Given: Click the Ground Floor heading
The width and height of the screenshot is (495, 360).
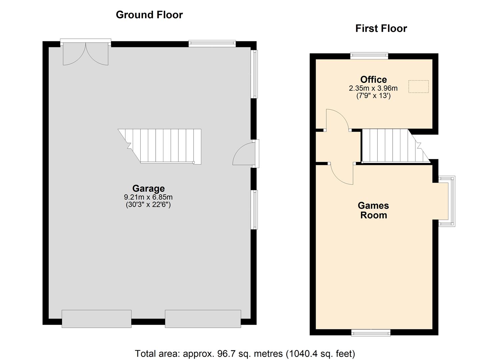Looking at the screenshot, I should pyautogui.click(x=149, y=15).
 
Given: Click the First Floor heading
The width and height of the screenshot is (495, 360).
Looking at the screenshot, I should pyautogui.click(x=381, y=29).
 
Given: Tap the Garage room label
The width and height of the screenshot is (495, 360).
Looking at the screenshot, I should pyautogui.click(x=148, y=189).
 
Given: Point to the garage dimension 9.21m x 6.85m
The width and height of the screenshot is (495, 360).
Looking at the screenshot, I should pyautogui.click(x=148, y=197).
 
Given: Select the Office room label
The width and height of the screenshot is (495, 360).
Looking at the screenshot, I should pyautogui.click(x=373, y=80).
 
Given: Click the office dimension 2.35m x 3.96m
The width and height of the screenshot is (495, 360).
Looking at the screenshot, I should pyautogui.click(x=373, y=88).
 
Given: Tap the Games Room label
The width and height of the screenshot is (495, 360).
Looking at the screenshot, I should pyautogui.click(x=373, y=210).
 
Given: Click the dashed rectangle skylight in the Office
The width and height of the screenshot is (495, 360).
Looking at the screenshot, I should pyautogui.click(x=418, y=86).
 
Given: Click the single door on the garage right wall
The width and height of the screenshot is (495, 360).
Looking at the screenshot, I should pyautogui.click(x=244, y=154).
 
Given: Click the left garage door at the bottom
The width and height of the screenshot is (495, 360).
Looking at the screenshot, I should pyautogui.click(x=96, y=319).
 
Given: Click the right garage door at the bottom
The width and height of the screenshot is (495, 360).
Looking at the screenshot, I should pyautogui.click(x=203, y=319).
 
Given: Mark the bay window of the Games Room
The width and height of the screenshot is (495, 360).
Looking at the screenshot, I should pyautogui.click(x=447, y=202).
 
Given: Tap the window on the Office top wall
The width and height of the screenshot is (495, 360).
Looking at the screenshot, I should pyautogui.click(x=369, y=56).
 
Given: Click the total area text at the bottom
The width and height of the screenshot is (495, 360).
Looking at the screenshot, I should pyautogui.click(x=245, y=353).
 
